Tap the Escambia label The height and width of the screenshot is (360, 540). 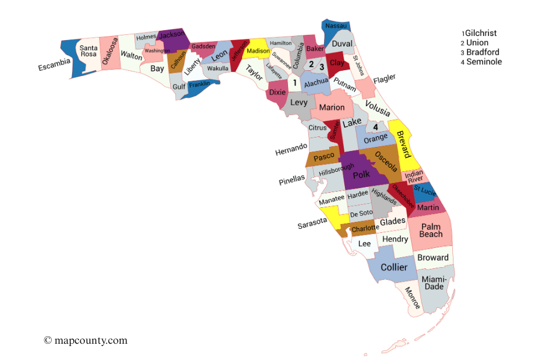coord(55,64)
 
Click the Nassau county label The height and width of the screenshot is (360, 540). coord(336,26)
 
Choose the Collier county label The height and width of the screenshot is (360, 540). coord(394,267)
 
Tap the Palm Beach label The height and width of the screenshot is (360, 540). coord(431,231)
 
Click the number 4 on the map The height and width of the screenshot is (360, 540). coord(376,127)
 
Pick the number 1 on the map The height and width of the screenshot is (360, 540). coord(295,83)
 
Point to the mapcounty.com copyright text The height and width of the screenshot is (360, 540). coord(85,340)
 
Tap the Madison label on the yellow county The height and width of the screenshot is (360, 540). coord(258,51)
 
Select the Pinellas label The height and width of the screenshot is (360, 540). coord(291,180)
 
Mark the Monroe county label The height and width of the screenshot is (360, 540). coord(412,297)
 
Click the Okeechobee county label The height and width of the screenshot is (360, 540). coord(402,196)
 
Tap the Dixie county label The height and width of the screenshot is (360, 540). coord(278,92)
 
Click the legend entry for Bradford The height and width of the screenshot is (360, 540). coord(482,52)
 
